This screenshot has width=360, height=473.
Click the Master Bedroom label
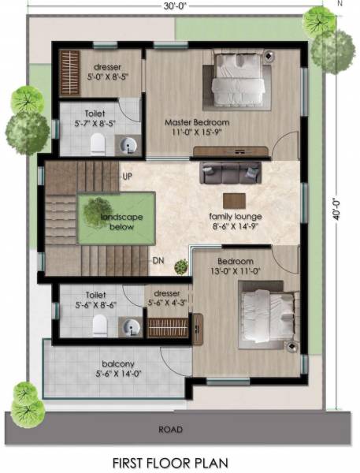click(196, 122)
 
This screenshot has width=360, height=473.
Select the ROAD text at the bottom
click(169, 430)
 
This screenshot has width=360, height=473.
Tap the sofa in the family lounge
click(229, 172)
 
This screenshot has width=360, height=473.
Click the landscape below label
click(116, 221)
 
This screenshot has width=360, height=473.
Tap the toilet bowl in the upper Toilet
click(98, 142)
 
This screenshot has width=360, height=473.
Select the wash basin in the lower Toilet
click(130, 326)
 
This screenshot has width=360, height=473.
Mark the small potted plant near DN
click(182, 266)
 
